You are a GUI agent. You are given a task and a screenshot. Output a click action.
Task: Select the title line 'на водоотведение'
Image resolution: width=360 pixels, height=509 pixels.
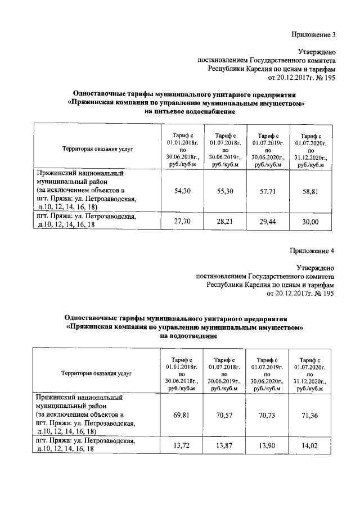click(186, 336)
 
